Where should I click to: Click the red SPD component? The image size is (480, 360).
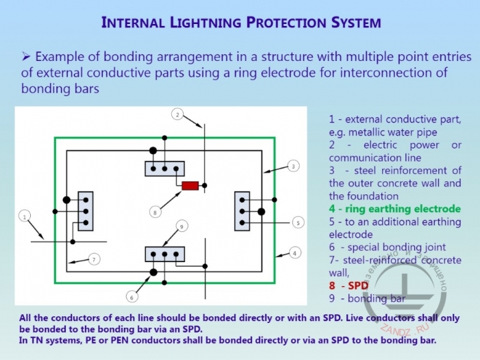[190, 185]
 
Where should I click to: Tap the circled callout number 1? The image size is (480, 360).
[25, 217]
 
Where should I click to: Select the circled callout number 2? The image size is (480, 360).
[177, 115]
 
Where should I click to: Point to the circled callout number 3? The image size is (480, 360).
[292, 166]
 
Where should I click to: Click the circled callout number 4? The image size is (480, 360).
[297, 222]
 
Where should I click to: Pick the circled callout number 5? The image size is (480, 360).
[132, 297]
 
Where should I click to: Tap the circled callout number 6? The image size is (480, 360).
[95, 259]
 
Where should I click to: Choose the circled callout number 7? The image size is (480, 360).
[155, 213]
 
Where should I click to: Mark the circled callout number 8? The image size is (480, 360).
[181, 226]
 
